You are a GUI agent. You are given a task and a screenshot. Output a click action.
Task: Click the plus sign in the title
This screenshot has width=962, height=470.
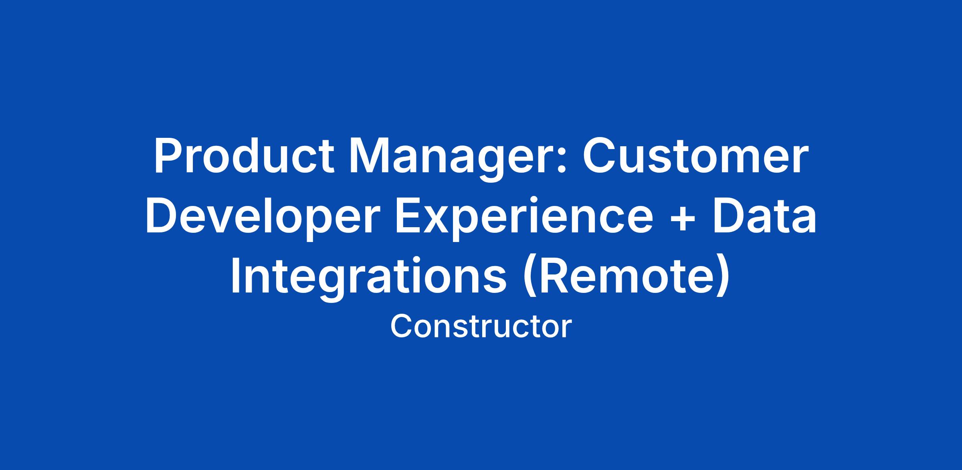pyautogui.click(x=683, y=220)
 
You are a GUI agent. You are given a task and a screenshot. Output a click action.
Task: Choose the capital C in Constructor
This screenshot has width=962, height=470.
pyautogui.click(x=402, y=326)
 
